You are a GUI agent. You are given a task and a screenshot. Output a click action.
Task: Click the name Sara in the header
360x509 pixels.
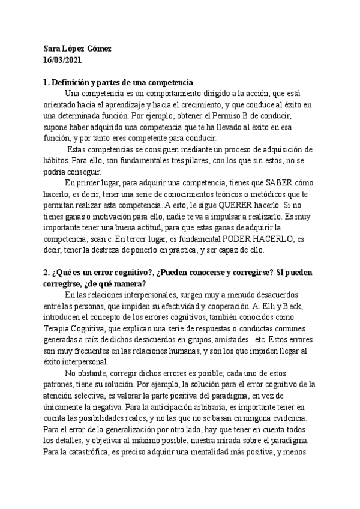coord(53,49)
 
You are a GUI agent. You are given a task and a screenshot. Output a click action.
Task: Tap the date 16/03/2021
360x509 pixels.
coord(64,60)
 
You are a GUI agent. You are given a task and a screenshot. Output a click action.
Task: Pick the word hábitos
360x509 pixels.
coord(58,160)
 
